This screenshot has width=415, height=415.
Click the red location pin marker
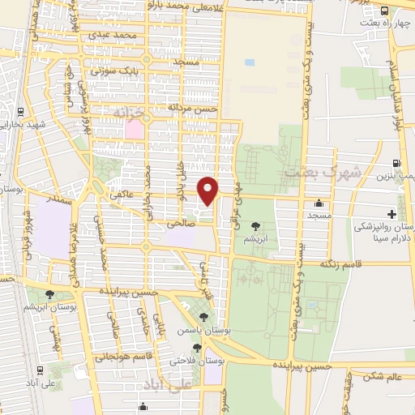click(209, 190)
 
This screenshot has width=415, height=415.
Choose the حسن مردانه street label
click(193, 107)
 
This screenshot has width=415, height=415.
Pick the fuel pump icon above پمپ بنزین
click(396, 163)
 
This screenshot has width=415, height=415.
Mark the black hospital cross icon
click(392, 214)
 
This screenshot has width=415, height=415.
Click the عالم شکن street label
click(383, 376)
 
